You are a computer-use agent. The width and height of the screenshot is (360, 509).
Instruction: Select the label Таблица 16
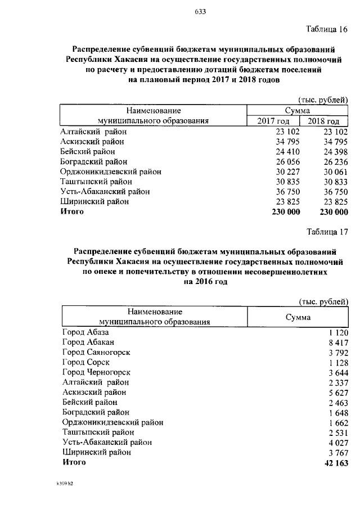pos(327,29)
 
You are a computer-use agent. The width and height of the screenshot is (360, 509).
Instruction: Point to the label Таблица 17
pos(327,231)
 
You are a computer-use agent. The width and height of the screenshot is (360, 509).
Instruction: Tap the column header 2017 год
pos(273,121)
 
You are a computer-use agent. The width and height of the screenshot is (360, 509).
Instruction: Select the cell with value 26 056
pos(287,161)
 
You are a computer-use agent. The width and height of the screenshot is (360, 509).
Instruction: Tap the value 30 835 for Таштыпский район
pos(287,182)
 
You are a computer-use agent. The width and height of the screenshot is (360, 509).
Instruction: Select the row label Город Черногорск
pos(96,372)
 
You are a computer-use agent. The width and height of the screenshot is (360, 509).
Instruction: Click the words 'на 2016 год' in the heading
pos(205,282)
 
